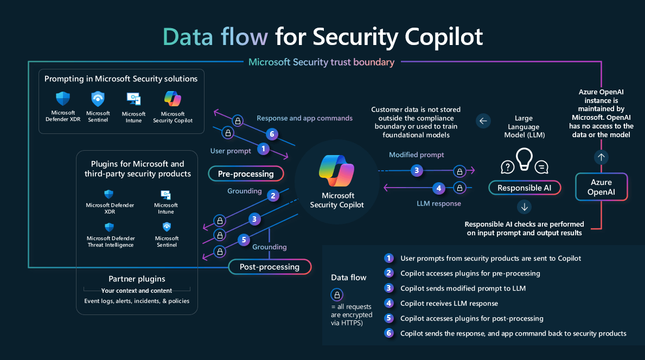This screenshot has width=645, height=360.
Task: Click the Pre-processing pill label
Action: pyautogui.click(x=246, y=173)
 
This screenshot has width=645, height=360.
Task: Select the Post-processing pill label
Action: pyautogui.click(x=270, y=267)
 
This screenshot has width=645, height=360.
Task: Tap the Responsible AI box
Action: pyautogui.click(x=525, y=188)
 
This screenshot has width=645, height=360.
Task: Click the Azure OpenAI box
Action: pyautogui.click(x=601, y=187)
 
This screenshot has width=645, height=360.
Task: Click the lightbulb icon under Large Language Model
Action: pyautogui.click(x=525, y=159)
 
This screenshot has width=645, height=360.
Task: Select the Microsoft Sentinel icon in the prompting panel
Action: pyautogui.click(x=98, y=99)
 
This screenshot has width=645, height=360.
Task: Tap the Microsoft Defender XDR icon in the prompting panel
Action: pyautogui.click(x=63, y=99)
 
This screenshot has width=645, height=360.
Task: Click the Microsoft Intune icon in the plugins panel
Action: pyautogui.click(x=166, y=194)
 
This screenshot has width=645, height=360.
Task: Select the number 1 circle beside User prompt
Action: pyautogui.click(x=263, y=149)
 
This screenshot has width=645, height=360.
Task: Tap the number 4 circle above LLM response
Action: pyautogui.click(x=438, y=189)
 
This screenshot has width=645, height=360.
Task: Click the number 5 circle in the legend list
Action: pyautogui.click(x=388, y=318)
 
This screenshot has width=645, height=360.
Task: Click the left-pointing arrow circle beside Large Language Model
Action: pyautogui.click(x=483, y=121)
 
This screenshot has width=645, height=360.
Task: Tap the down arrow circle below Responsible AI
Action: pyautogui.click(x=525, y=207)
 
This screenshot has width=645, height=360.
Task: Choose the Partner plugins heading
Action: pyautogui.click(x=137, y=279)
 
